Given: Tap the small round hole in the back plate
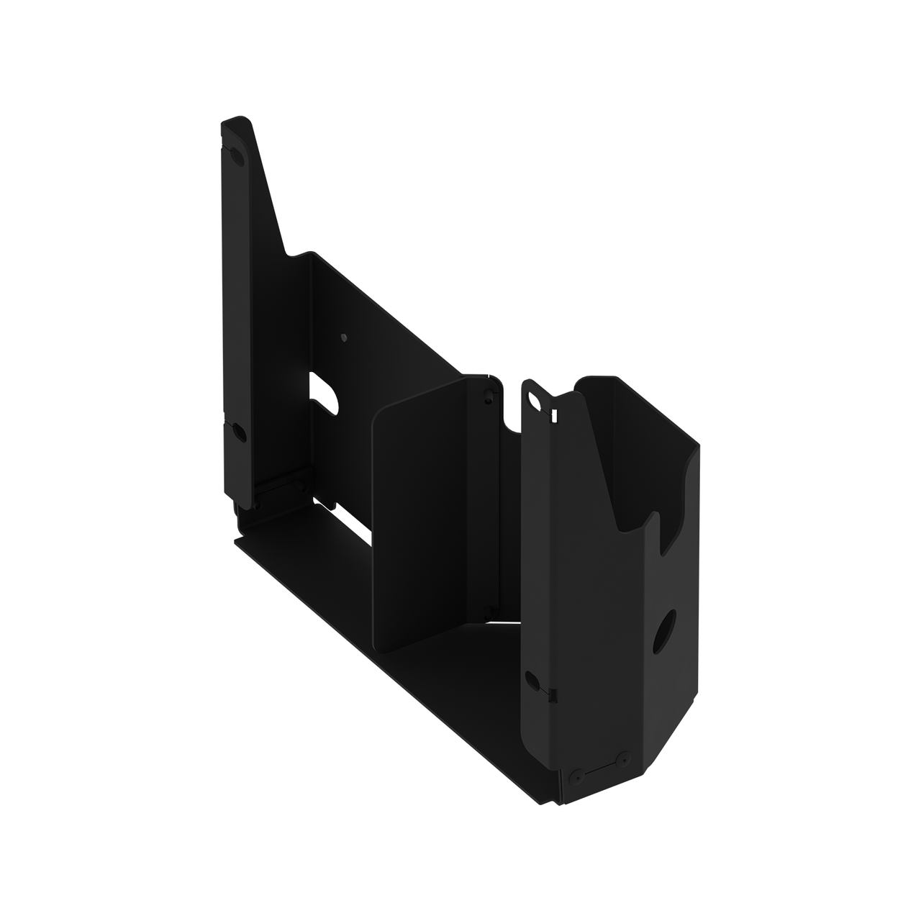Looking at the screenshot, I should (x=343, y=336).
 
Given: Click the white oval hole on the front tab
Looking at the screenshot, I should (x=535, y=398).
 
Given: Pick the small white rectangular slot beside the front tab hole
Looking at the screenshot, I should (x=554, y=415).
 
